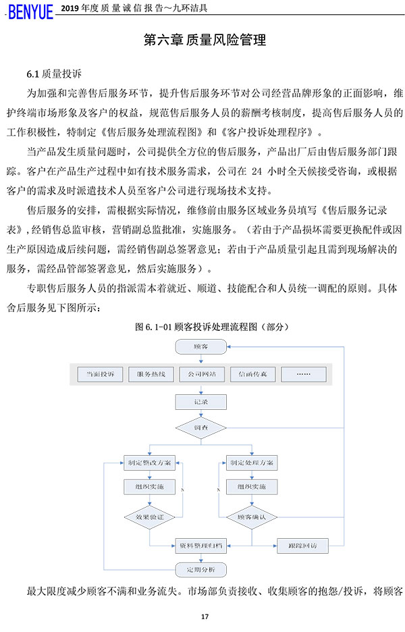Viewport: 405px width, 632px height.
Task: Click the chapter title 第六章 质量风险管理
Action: (x=205, y=41)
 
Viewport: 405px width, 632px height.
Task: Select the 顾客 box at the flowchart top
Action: (x=200, y=346)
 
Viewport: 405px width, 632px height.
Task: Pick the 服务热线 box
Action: (x=151, y=373)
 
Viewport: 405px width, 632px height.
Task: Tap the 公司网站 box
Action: (x=200, y=373)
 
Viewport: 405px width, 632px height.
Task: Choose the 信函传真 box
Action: (x=252, y=373)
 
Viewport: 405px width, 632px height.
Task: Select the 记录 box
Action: (x=200, y=402)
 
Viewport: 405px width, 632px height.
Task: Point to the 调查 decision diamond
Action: (x=200, y=428)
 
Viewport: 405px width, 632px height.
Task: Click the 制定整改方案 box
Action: (x=149, y=463)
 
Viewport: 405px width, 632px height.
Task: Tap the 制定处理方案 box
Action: (x=251, y=463)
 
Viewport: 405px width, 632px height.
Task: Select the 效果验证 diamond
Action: (x=149, y=517)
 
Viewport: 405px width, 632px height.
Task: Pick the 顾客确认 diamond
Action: (x=251, y=518)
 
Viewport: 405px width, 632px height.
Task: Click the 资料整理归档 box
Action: (x=200, y=544)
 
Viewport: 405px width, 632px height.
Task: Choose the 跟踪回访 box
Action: (x=302, y=544)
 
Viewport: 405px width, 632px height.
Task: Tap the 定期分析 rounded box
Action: (x=200, y=570)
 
